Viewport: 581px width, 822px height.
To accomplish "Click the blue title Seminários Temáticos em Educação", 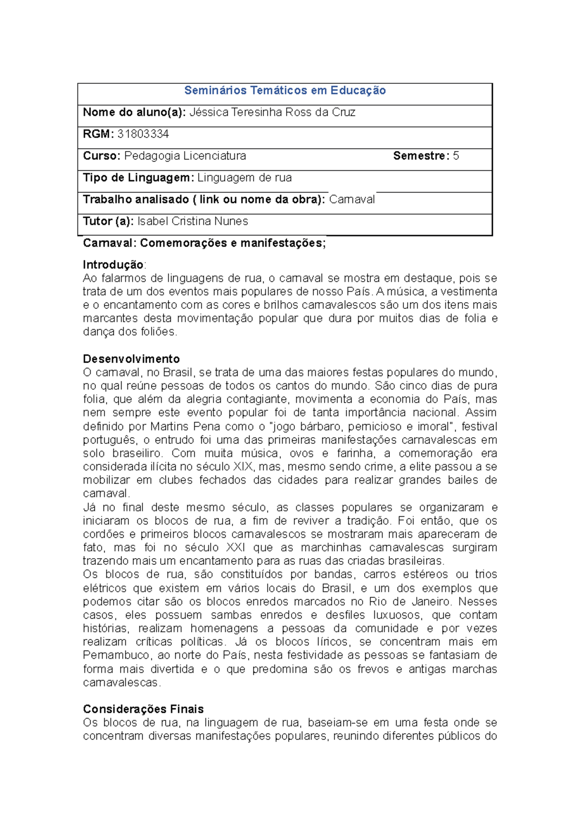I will [x=285, y=91].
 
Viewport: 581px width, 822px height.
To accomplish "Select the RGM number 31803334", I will [x=143, y=134].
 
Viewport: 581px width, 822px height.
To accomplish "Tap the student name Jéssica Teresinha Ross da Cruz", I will [x=272, y=112].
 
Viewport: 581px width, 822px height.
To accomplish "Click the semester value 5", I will [x=456, y=156].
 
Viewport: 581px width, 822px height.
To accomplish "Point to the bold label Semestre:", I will [x=421, y=156].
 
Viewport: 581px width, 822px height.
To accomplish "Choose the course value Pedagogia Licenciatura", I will [x=185, y=156].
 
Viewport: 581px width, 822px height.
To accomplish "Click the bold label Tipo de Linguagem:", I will [x=138, y=178].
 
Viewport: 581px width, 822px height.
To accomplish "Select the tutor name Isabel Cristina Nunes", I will [x=193, y=221].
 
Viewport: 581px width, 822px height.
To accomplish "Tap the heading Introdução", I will [x=113, y=265].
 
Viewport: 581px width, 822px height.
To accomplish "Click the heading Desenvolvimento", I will [x=131, y=359].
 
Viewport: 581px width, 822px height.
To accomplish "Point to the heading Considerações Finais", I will [x=143, y=709].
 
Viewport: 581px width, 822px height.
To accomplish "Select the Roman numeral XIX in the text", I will [x=244, y=467].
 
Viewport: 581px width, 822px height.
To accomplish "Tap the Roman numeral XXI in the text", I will [x=235, y=548].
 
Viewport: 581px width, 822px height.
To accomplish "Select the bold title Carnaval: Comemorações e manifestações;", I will [x=204, y=243].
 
